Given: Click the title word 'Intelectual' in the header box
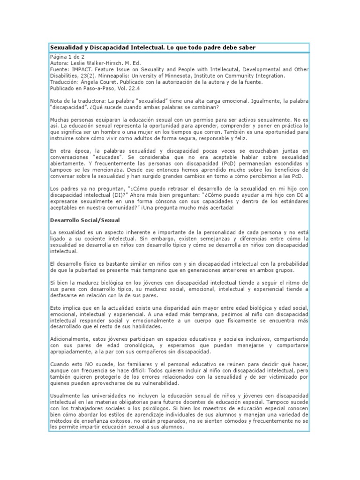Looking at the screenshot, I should click(146, 48).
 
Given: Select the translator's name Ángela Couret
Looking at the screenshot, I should click(98, 82).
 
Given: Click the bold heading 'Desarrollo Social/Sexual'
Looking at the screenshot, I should click(85, 219).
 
